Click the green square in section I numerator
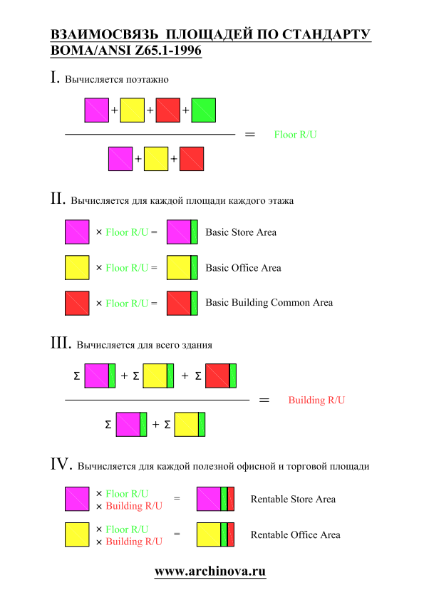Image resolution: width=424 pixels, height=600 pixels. point(203,110)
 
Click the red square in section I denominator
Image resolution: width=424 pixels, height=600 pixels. point(192,159)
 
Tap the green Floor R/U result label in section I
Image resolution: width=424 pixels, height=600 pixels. point(295,135)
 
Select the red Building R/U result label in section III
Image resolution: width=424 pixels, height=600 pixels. point(316,400)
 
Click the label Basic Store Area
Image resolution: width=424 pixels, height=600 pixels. point(241,232)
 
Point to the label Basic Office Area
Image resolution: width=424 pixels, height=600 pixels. point(243,268)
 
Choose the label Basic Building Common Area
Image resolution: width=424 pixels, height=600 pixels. point(269,303)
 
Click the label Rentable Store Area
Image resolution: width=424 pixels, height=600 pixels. point(293,499)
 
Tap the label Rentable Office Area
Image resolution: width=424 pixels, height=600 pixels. point(295,534)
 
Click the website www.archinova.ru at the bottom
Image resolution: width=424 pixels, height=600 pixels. point(210,571)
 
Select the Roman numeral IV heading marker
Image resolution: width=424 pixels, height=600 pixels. point(61,464)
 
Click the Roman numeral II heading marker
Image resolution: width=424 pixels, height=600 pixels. point(58,198)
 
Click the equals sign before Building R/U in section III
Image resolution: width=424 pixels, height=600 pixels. point(264,400)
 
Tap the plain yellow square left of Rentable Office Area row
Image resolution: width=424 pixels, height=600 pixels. point(77,534)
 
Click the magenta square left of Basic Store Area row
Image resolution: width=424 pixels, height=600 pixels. point(77,232)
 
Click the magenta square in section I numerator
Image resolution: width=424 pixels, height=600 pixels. point(96,110)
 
